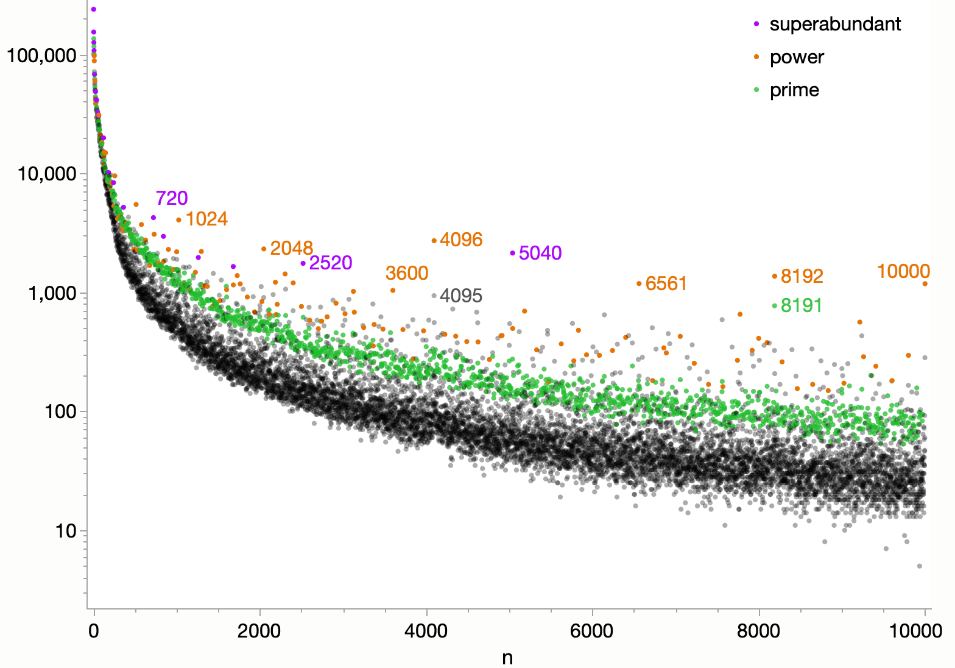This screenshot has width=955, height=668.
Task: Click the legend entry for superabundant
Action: coord(834,24)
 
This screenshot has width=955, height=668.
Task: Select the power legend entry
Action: coord(797,57)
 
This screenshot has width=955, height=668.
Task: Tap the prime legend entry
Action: coord(794,90)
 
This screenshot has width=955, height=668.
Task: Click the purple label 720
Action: coord(172,198)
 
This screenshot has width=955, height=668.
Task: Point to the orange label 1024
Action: coord(206,219)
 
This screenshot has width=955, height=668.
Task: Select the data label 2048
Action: coord(291,248)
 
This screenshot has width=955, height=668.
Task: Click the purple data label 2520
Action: coord(331,263)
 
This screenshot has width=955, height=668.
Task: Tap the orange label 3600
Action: coord(407,273)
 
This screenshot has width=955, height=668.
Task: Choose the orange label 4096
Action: coord(461,240)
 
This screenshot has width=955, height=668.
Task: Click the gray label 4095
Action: coord(461,296)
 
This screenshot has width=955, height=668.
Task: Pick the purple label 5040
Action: coord(540,253)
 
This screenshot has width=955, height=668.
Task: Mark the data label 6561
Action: coord(666,283)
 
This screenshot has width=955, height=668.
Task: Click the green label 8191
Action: coord(802,305)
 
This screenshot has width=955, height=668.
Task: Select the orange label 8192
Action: coord(802,276)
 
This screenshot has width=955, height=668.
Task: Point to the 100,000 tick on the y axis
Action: coord(42,55)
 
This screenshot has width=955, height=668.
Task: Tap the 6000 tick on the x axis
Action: coord(592,631)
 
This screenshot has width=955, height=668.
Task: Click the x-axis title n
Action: coord(507,658)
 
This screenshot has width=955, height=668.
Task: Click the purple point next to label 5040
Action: coord(513,253)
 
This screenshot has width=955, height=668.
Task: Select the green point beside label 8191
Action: coord(775,306)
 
